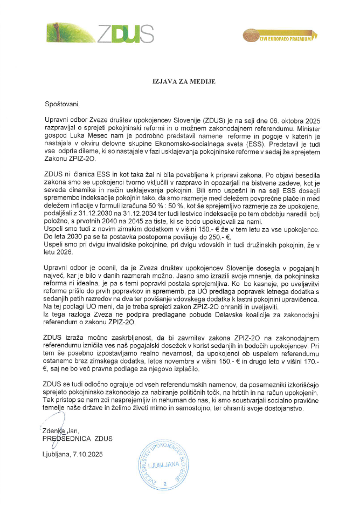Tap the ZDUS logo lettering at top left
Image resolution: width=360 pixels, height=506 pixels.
coord(125,34)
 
